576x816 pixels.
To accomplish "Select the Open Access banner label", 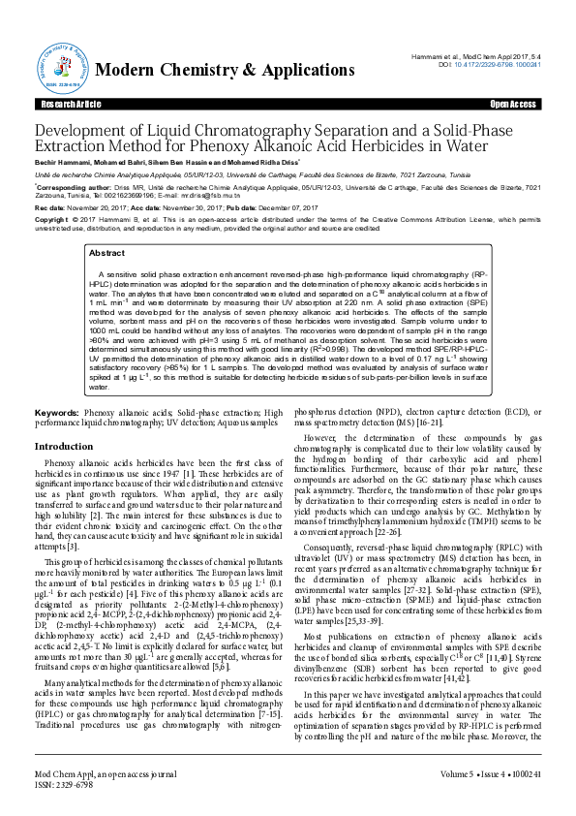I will point(512,104).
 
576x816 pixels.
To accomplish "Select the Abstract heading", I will point(106,253).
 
